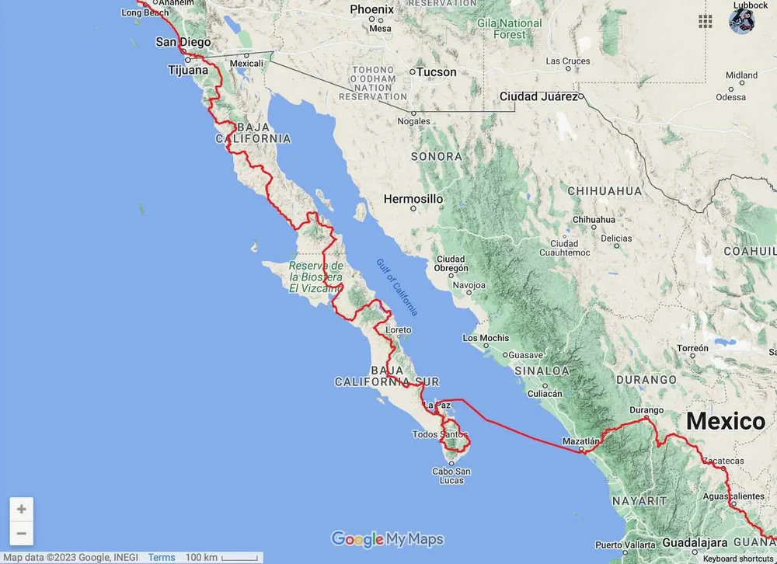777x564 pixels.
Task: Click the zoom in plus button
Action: [x=21, y=510]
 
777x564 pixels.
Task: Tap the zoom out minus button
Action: [x=21, y=534]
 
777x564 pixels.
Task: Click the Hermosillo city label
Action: [x=413, y=199]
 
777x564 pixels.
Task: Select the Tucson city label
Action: [x=437, y=72]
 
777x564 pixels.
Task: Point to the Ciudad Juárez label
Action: [x=538, y=96]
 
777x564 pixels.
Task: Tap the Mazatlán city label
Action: [x=582, y=440]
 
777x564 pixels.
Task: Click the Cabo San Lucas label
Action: [x=451, y=475]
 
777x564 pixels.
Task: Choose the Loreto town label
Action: [x=399, y=330]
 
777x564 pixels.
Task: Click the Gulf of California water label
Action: [x=397, y=287]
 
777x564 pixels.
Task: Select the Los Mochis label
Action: [x=486, y=338]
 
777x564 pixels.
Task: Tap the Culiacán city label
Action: [x=545, y=394]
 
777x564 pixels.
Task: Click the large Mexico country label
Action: [x=725, y=422]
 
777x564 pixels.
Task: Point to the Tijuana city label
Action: [x=188, y=70]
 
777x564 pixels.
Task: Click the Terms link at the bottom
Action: [x=162, y=558]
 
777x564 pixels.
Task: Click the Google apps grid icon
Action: [x=706, y=21]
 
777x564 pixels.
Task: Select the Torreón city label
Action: [x=692, y=348]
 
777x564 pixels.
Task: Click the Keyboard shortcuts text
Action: [x=738, y=559]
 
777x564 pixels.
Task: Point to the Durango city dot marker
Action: [x=646, y=420]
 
